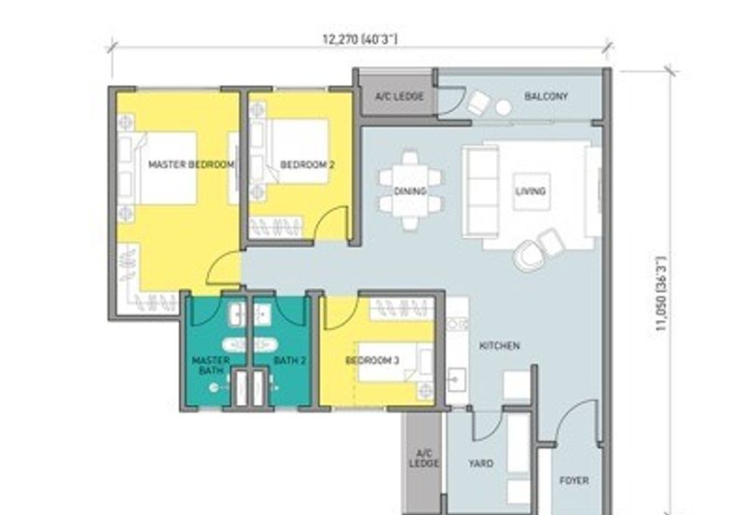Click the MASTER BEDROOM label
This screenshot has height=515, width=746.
point(191,165)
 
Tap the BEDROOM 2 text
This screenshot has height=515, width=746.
point(308,165)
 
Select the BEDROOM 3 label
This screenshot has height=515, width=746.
point(372,361)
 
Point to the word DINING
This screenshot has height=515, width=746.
point(410,191)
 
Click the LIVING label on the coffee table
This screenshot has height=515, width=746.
point(531,191)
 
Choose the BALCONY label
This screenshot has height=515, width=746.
point(546,97)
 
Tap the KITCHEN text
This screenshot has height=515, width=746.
point(500,345)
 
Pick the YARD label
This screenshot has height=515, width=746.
point(480,463)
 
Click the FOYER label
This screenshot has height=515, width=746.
point(574,480)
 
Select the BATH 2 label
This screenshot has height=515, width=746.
point(290,361)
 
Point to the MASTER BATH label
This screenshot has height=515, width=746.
point(211,365)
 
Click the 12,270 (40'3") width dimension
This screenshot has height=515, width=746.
point(360,39)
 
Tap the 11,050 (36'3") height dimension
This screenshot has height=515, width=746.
point(662,294)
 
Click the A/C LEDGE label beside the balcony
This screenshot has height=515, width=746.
point(400,97)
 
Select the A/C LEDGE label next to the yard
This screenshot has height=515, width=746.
point(424,458)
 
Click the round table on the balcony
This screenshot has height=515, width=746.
point(503,108)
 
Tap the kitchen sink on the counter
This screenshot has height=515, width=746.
point(456,380)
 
